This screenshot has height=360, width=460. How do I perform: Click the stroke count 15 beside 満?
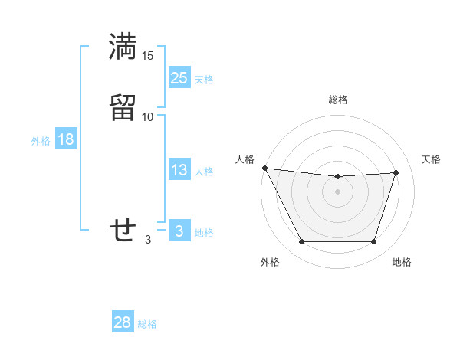pyautogui.click(x=148, y=56)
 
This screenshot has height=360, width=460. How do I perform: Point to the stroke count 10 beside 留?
pyautogui.click(x=148, y=116)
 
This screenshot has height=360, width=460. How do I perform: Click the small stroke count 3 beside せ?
pyautogui.click(x=148, y=239)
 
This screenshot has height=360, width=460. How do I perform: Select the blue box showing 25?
pyautogui.click(x=179, y=78)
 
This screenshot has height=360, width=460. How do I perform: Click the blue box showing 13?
pyautogui.click(x=179, y=170)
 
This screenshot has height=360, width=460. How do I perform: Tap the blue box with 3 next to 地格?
pyautogui.click(x=179, y=231)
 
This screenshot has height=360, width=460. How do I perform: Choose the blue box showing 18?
pyautogui.click(x=65, y=139)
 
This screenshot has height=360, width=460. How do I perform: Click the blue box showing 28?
pyautogui.click(x=123, y=322)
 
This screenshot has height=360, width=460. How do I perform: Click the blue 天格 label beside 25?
pyautogui.click(x=204, y=80)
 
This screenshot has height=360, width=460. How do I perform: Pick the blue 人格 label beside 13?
pyautogui.click(x=204, y=172)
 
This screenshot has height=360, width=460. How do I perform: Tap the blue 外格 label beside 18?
pyautogui.click(x=41, y=141)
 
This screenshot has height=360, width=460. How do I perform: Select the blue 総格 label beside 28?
pyautogui.click(x=147, y=324)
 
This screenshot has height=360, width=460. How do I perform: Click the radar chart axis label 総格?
pyautogui.click(x=338, y=100)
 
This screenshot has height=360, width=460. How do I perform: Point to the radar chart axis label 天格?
pyautogui.click(x=432, y=159)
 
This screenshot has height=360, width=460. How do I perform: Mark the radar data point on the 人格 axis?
pyautogui.click(x=264, y=168)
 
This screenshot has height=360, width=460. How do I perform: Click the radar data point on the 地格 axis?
pyautogui.click(x=374, y=242)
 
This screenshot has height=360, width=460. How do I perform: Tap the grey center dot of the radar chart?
pyautogui.click(x=338, y=191)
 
